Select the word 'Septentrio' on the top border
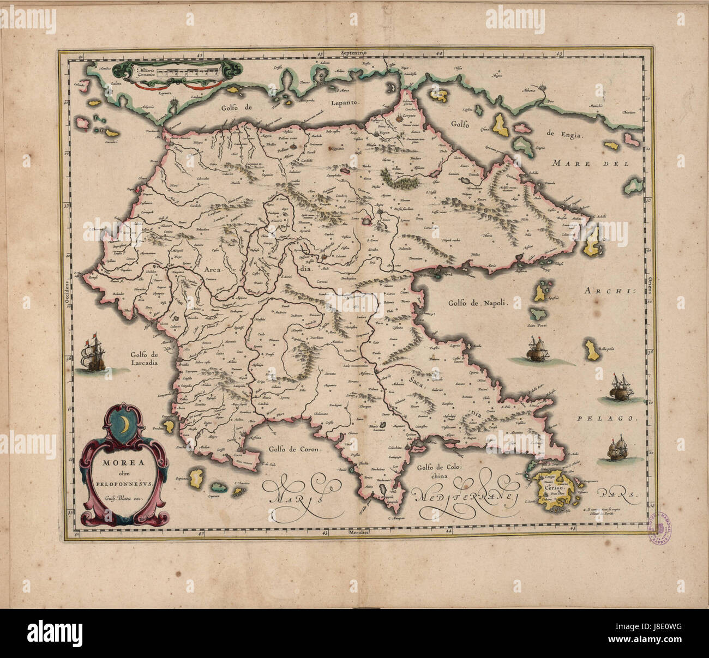coord(355,53)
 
